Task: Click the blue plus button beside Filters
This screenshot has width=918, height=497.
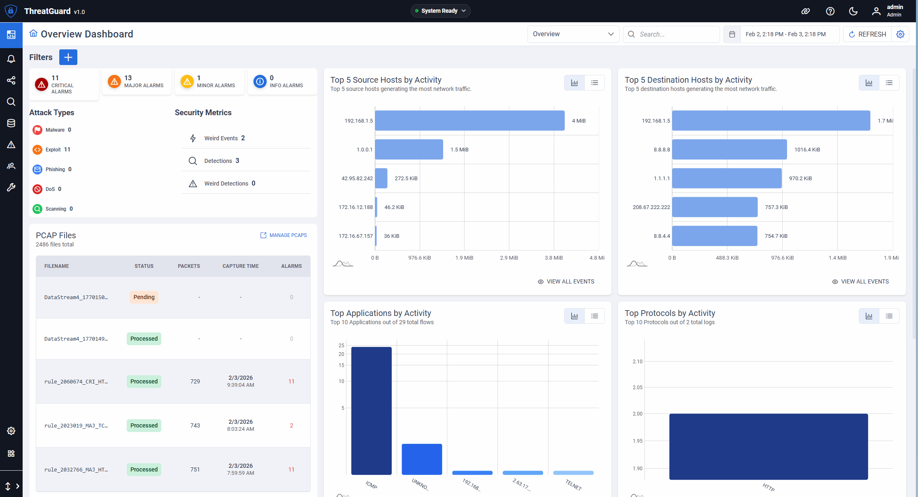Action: pyautogui.click(x=68, y=57)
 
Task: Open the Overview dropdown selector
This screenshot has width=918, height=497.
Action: pyautogui.click(x=573, y=34)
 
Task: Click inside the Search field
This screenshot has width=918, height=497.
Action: pyautogui.click(x=675, y=34)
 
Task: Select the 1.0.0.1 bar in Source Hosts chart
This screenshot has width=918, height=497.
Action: pyautogui.click(x=409, y=149)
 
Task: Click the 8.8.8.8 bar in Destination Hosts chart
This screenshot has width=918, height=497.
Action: pyautogui.click(x=729, y=149)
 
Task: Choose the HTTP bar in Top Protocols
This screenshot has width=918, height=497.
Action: pyautogui.click(x=768, y=446)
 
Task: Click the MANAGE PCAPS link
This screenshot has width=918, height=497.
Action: pyautogui.click(x=284, y=235)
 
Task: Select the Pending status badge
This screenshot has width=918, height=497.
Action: pyautogui.click(x=144, y=297)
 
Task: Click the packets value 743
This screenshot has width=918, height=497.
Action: pyautogui.click(x=195, y=425)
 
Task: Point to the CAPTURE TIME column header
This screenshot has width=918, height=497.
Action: pyautogui.click(x=240, y=266)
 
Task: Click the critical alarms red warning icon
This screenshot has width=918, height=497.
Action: pyautogui.click(x=42, y=84)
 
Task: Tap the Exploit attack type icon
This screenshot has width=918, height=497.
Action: pyautogui.click(x=37, y=150)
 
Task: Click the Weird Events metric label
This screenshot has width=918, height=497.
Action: pyautogui.click(x=221, y=138)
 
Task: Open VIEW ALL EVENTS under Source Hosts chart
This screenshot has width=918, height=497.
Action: pyautogui.click(x=566, y=281)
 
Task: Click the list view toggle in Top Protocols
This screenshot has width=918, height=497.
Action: pyautogui.click(x=889, y=316)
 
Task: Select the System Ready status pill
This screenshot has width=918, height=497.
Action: pyautogui.click(x=440, y=11)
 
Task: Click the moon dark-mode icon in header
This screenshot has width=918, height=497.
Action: pyautogui.click(x=853, y=11)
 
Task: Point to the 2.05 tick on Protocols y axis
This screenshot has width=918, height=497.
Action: pyautogui.click(x=637, y=387)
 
